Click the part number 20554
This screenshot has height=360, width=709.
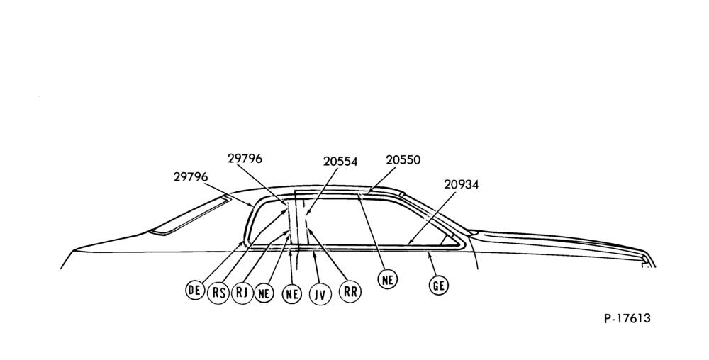[340, 162]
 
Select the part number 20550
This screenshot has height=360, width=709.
[403, 160]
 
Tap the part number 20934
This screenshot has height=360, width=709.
[462, 184]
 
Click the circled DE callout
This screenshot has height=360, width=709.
[195, 290]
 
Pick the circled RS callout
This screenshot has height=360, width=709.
[218, 293]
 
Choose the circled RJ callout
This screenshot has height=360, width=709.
[242, 293]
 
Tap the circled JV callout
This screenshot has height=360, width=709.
[320, 295]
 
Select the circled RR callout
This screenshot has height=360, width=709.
[350, 292]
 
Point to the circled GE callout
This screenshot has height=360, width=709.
[439, 286]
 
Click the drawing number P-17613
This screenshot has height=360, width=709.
[627, 318]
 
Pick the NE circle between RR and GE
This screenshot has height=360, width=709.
[388, 280]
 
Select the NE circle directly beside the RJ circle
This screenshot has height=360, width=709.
[264, 294]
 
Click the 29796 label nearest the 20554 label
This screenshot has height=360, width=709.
[245, 159]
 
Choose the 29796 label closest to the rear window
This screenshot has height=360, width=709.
[190, 176]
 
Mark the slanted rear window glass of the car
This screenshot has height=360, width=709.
[190, 215]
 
